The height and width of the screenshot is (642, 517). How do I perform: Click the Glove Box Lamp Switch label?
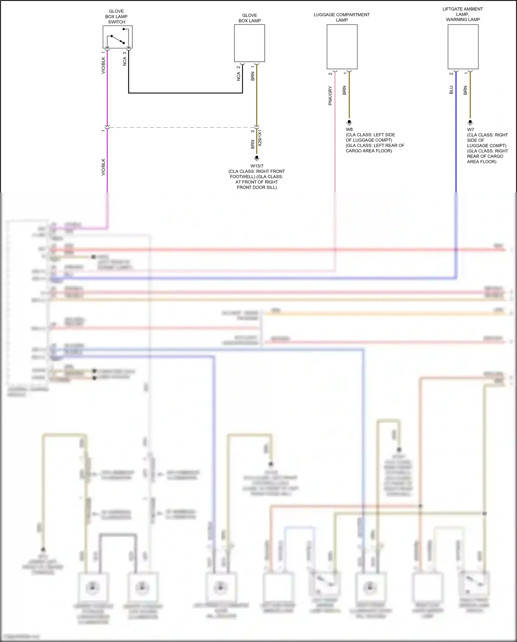click(116, 17)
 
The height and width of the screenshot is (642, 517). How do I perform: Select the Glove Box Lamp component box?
click(250, 43)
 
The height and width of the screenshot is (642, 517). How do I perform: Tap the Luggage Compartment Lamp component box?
click(342, 47)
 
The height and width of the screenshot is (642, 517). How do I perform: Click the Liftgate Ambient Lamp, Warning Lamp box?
click(463, 47)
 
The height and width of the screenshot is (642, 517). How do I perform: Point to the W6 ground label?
click(349, 129)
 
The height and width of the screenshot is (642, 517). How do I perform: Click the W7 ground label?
click(470, 130)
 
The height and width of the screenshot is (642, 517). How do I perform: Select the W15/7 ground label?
click(257, 166)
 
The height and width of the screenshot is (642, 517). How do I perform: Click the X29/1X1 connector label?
click(260, 138)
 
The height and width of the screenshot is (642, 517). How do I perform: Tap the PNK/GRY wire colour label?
click(330, 96)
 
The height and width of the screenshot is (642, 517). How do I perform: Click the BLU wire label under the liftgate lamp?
click(451, 90)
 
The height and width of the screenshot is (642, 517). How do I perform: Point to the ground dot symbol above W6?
click(349, 122)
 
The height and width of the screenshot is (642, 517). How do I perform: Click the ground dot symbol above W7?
click(470, 122)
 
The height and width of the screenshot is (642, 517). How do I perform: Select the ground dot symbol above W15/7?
click(257, 158)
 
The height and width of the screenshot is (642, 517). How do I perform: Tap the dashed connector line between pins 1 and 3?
click(182, 127)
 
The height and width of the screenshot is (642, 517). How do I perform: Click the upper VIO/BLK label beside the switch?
click(103, 65)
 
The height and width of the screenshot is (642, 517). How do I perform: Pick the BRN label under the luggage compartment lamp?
click(344, 90)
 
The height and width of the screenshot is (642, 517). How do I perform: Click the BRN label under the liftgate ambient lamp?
click(465, 90)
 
